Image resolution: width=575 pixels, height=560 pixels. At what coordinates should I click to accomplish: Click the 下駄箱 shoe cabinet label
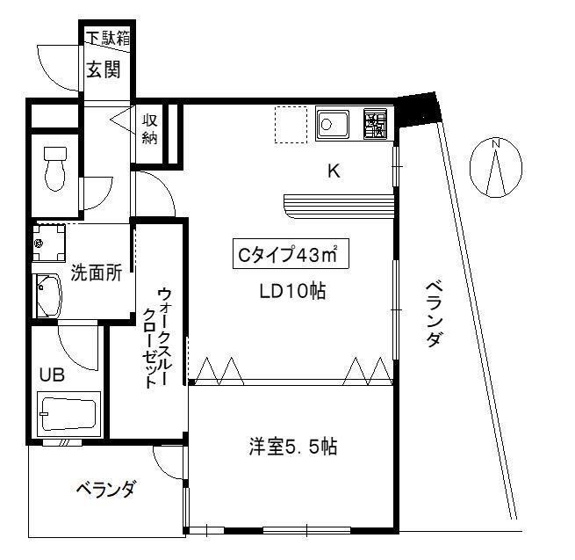click(105, 38)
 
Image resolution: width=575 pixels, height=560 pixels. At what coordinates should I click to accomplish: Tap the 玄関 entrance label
click(103, 70)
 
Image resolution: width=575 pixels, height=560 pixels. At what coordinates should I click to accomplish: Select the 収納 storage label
click(150, 129)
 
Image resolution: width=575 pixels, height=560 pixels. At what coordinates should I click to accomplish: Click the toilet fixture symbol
click(55, 167)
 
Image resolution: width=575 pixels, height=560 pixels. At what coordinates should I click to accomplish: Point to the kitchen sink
click(334, 124)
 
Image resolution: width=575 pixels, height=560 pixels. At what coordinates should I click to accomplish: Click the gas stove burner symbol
click(375, 124)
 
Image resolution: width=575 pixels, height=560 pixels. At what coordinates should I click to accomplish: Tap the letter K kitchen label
click(334, 171)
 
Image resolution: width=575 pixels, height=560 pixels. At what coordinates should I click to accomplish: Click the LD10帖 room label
click(291, 292)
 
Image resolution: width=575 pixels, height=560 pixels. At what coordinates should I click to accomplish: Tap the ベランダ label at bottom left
click(104, 490)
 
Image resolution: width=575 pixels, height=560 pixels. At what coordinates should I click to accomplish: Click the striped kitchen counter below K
click(337, 203)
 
